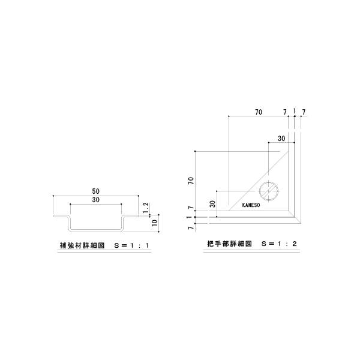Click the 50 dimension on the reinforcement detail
tap(96, 191)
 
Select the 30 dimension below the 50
tap(96, 200)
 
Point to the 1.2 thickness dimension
tap(146, 208)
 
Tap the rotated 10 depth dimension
tap(155, 223)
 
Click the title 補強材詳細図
tap(82, 245)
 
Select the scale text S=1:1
tap(132, 245)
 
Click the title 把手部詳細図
tap(229, 244)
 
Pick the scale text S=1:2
tap(279, 244)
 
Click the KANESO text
tap(251, 205)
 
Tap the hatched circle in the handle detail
tap(269, 191)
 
